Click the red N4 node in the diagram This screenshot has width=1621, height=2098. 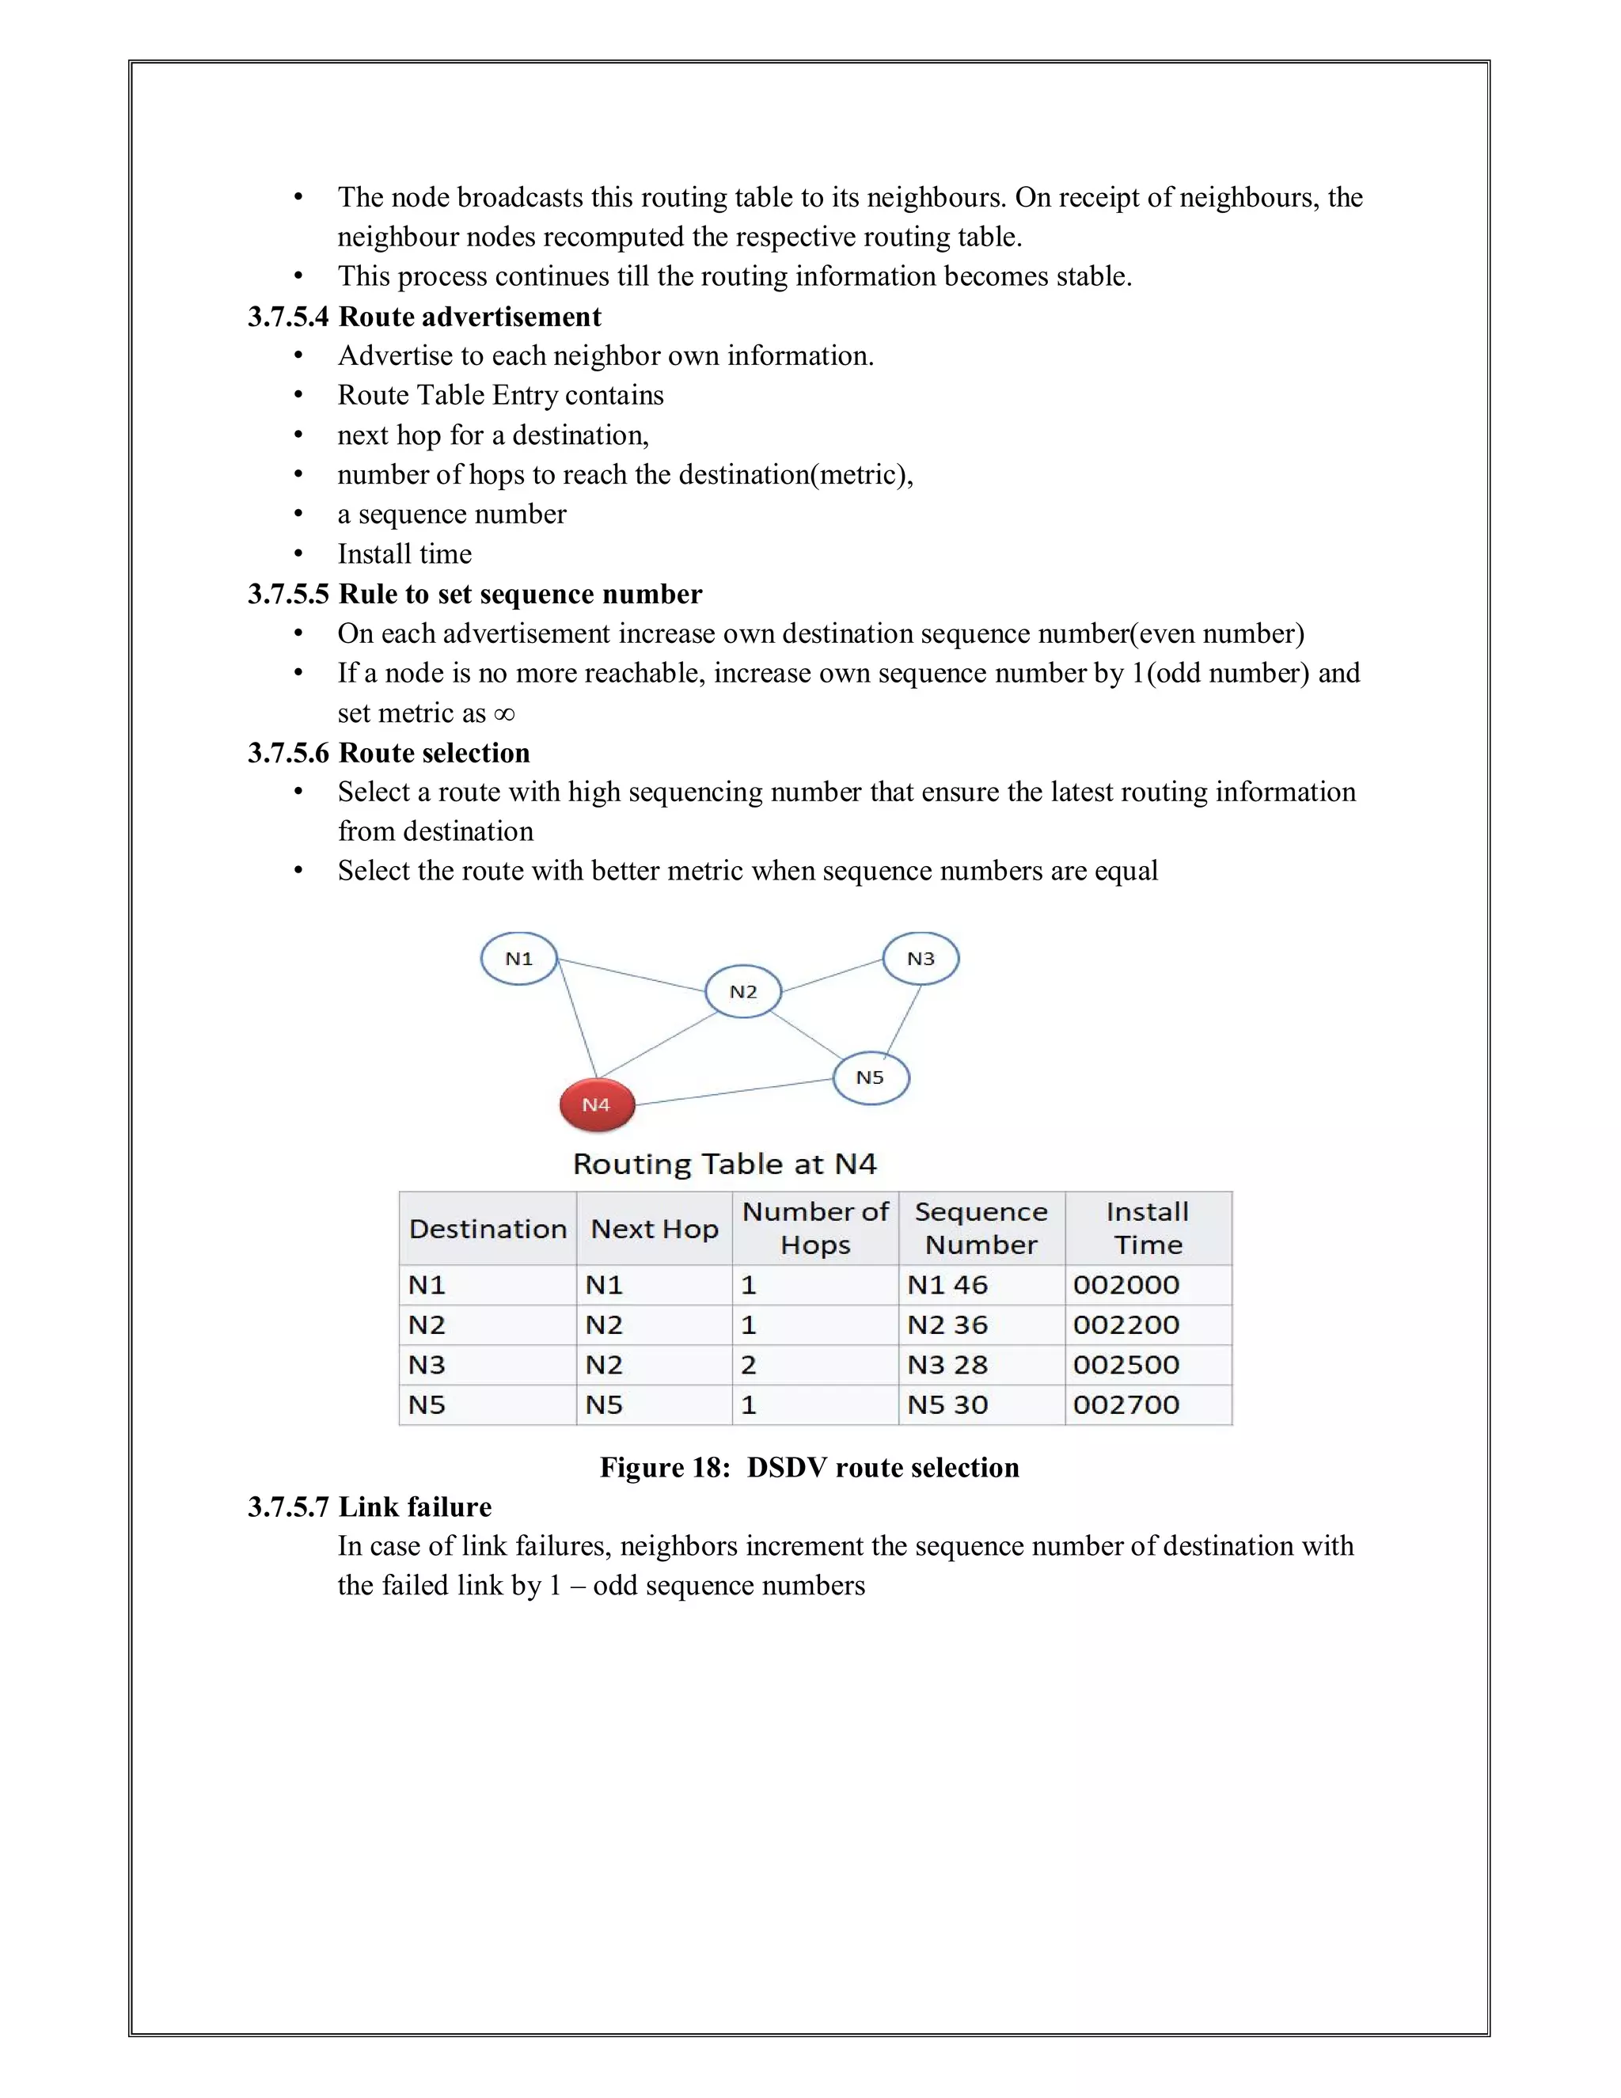(x=596, y=1104)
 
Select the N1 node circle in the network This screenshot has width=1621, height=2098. (x=518, y=959)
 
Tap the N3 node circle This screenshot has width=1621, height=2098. (x=920, y=959)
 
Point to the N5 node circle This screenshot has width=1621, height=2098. (x=870, y=1078)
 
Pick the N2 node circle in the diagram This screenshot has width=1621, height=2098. (x=742, y=992)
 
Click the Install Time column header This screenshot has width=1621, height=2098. (x=1148, y=1228)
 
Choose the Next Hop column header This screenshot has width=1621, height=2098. (x=654, y=1229)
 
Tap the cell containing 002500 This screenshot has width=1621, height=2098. (x=1126, y=1365)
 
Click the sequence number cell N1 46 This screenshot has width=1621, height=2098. (x=947, y=1285)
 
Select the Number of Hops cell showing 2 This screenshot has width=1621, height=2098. (x=749, y=1365)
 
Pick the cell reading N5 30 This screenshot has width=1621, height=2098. (x=947, y=1405)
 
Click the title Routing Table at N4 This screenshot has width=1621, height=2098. (x=724, y=1165)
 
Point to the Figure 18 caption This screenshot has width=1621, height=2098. (x=809, y=1467)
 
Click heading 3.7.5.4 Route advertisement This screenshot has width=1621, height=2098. (x=423, y=317)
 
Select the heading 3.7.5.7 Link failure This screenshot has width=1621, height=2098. (x=369, y=1507)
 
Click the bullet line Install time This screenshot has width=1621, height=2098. (x=404, y=554)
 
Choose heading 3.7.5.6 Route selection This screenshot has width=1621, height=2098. (x=388, y=752)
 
